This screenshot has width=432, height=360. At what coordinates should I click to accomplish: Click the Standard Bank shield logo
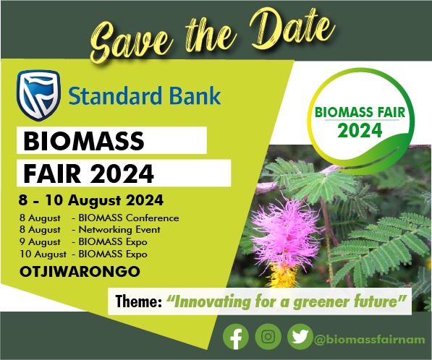pos(38,95)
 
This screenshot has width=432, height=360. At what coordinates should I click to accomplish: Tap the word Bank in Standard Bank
pos(195,95)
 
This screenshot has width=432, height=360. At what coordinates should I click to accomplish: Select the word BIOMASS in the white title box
pos(84,141)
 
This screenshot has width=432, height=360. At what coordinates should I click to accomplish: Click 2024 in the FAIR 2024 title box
pos(122,173)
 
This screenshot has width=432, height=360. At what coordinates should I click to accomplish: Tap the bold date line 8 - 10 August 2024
pos(91,200)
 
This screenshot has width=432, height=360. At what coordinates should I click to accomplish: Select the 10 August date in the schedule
pos(43,254)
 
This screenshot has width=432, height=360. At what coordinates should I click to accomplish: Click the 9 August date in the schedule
pos(40,242)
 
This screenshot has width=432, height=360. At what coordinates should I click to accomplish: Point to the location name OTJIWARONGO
pos(80,272)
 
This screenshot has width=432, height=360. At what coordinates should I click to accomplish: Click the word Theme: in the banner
pos(139,301)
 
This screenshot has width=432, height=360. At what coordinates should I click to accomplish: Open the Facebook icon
pos(236,337)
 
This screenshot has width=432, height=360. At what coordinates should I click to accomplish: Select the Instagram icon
pos(268,337)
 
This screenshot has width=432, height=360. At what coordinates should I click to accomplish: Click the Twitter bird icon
pos(300,337)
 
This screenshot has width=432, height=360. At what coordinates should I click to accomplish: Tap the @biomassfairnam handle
pos(370,339)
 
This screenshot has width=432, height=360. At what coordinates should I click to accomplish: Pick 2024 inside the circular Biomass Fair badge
pos(360,130)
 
